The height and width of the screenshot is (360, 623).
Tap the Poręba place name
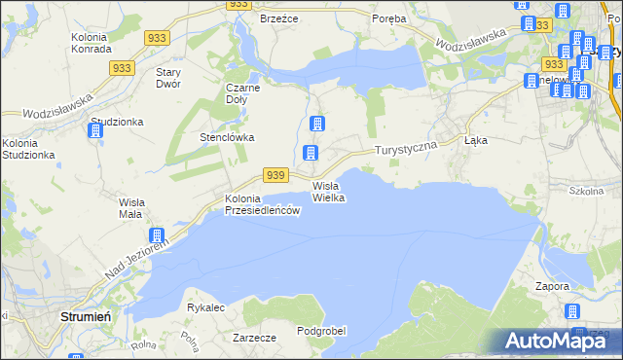pyautogui.click(x=390, y=18)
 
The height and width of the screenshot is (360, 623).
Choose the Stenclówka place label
pyautogui.click(x=227, y=137)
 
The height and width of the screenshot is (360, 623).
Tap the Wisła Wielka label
pyautogui.click(x=329, y=192)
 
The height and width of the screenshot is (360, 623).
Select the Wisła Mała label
pyautogui.click(x=125, y=207)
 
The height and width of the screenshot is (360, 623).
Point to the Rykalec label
pyautogui.click(x=206, y=307)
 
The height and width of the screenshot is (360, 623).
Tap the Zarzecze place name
pyautogui.click(x=255, y=338)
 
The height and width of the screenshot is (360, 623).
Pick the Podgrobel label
pyautogui.click(x=321, y=331)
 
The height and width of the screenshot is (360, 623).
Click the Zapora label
pyautogui.click(x=552, y=287)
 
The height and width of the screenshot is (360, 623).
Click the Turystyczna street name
pyautogui.click(x=409, y=146)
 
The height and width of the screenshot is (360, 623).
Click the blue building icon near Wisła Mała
pyautogui.click(x=156, y=235)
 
